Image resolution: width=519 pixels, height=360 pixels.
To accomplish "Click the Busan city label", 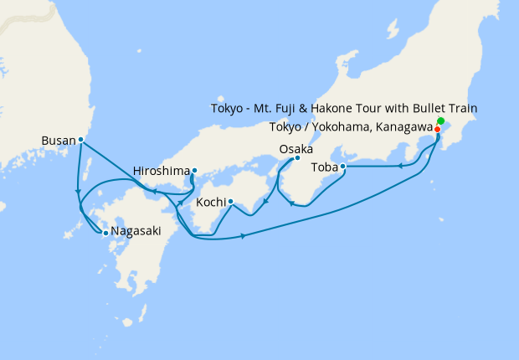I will [58, 140].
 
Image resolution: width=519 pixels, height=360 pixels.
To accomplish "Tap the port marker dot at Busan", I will [80, 140].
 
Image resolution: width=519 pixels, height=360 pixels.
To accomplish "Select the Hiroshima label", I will [161, 171].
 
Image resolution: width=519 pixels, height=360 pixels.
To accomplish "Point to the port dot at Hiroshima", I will [194, 171].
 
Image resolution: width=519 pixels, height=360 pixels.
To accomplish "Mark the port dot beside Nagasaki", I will [105, 233].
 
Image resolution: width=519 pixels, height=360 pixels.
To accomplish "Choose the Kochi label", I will [210, 203].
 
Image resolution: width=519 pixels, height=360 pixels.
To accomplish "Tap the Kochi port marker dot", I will [230, 202].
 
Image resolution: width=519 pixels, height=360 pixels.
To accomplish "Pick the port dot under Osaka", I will [297, 158].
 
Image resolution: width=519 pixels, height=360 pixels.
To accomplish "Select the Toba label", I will [324, 167].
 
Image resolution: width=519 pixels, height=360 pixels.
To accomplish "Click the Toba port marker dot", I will [342, 166].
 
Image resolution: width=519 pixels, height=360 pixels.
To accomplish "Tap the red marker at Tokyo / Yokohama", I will [437, 129].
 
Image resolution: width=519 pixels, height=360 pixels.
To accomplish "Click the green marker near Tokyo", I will [440, 122].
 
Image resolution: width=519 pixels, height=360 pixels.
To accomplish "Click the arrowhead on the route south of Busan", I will [78, 188].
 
